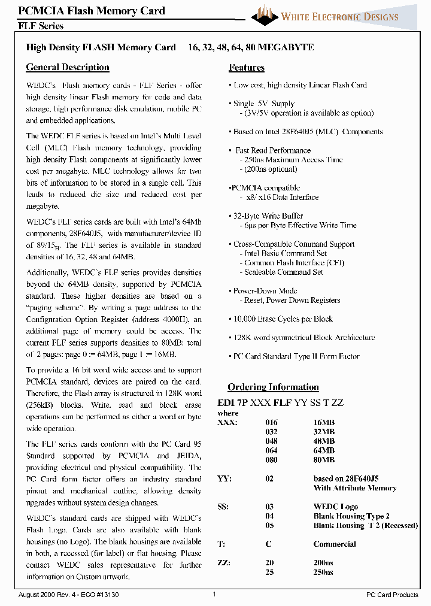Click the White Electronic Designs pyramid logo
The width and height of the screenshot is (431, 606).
point(265,15)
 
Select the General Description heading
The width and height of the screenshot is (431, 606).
point(68,68)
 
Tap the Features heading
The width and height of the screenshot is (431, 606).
point(247,68)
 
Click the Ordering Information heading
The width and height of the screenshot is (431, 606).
point(273,387)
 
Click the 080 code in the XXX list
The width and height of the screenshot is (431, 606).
point(271,460)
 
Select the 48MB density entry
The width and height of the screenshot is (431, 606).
point(324,441)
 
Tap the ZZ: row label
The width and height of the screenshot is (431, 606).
point(223,563)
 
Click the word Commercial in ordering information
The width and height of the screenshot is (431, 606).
point(334,544)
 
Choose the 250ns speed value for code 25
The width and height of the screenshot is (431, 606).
point(323,573)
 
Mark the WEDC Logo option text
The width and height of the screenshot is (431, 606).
point(335,507)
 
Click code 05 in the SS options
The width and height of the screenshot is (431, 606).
point(269,526)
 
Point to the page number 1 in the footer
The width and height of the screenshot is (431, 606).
point(214,594)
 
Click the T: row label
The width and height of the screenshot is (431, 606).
point(221,544)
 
